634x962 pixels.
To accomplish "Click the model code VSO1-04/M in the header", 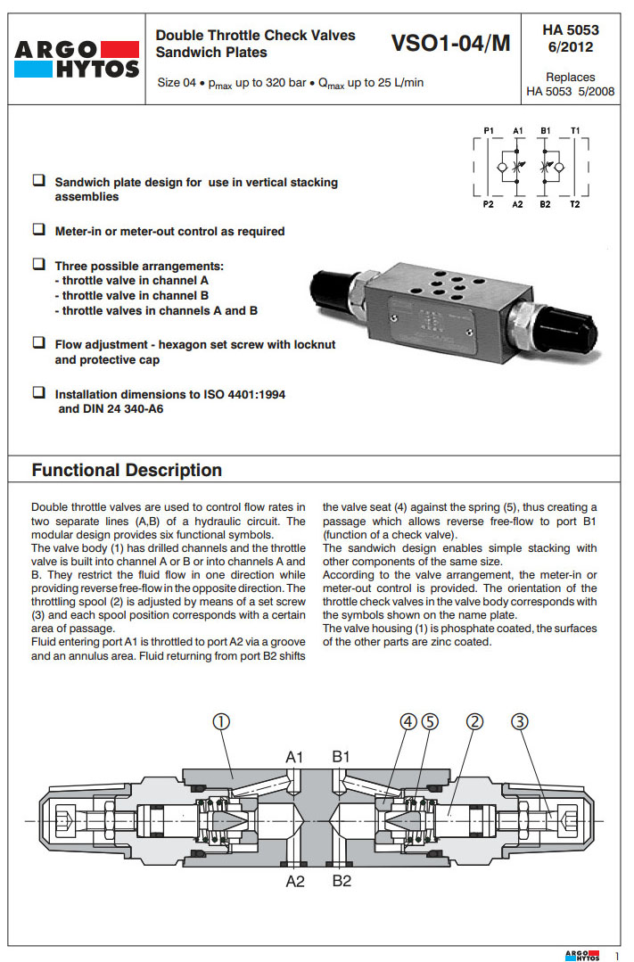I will point(450,43).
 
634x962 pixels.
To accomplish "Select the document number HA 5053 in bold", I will point(571,29).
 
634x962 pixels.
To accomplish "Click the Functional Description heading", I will point(127,470).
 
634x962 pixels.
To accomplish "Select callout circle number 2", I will point(474,721).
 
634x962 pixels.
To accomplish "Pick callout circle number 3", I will point(520,721).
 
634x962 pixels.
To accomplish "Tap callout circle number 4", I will point(409,721).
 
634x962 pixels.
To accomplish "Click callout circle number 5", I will point(431,721).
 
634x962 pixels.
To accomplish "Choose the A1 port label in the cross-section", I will point(295,757).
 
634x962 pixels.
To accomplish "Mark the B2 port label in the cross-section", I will point(342,882).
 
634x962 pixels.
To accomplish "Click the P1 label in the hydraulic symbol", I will point(489,130).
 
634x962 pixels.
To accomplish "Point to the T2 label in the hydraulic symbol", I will point(575,204).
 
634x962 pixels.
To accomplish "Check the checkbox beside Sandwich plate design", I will point(39,181).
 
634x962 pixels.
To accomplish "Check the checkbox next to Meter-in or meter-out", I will point(39,230).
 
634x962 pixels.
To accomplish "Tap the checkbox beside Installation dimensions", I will point(39,392).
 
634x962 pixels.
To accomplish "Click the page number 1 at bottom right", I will point(615,955).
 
